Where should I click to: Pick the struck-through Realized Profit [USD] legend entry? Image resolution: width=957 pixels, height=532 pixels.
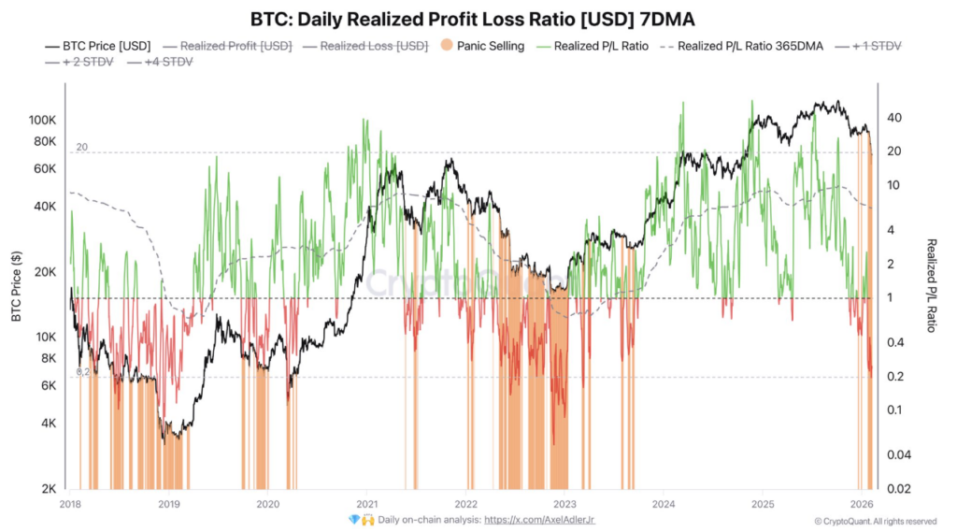[236, 45]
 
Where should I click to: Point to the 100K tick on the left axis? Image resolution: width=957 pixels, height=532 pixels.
[43, 121]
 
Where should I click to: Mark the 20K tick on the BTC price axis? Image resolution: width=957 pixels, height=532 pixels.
[47, 272]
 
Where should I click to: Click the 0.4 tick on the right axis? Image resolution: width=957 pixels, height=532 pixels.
[893, 342]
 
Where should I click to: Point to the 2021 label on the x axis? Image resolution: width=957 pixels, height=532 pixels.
[366, 503]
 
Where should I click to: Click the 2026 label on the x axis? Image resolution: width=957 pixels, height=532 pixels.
[862, 503]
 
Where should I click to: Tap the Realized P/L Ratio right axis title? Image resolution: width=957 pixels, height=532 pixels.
[931, 285]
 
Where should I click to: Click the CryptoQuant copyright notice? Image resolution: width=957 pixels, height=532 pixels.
[875, 521]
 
